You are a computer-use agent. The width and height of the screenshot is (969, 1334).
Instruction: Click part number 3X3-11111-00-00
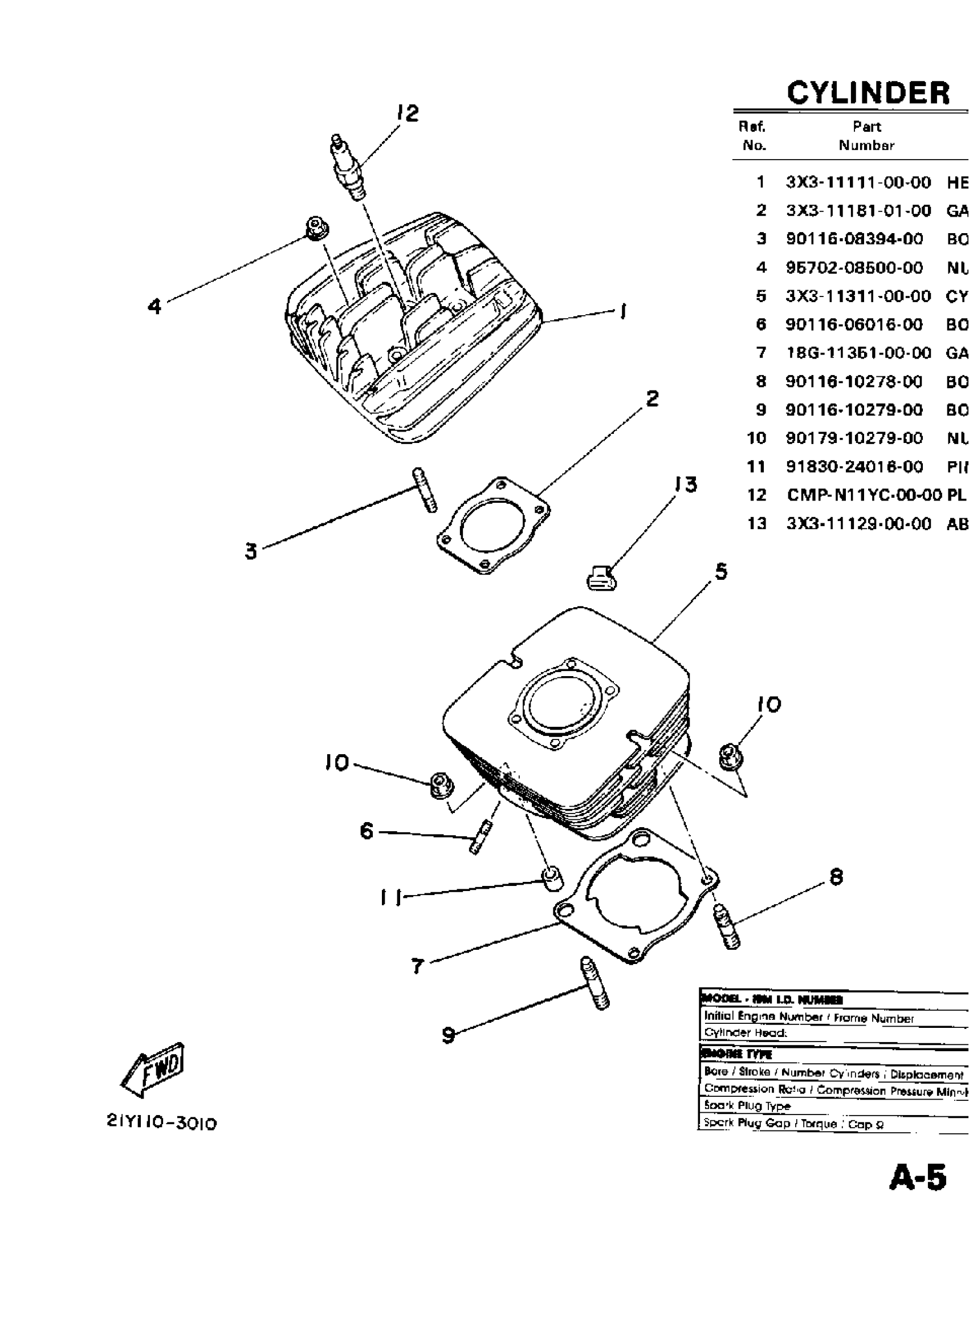[x=858, y=182]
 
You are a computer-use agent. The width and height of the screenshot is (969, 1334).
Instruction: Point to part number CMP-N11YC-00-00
[x=864, y=495]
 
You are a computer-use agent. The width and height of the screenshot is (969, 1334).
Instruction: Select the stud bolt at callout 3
[x=425, y=490]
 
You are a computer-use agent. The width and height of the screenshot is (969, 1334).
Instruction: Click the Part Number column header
[x=867, y=136]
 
